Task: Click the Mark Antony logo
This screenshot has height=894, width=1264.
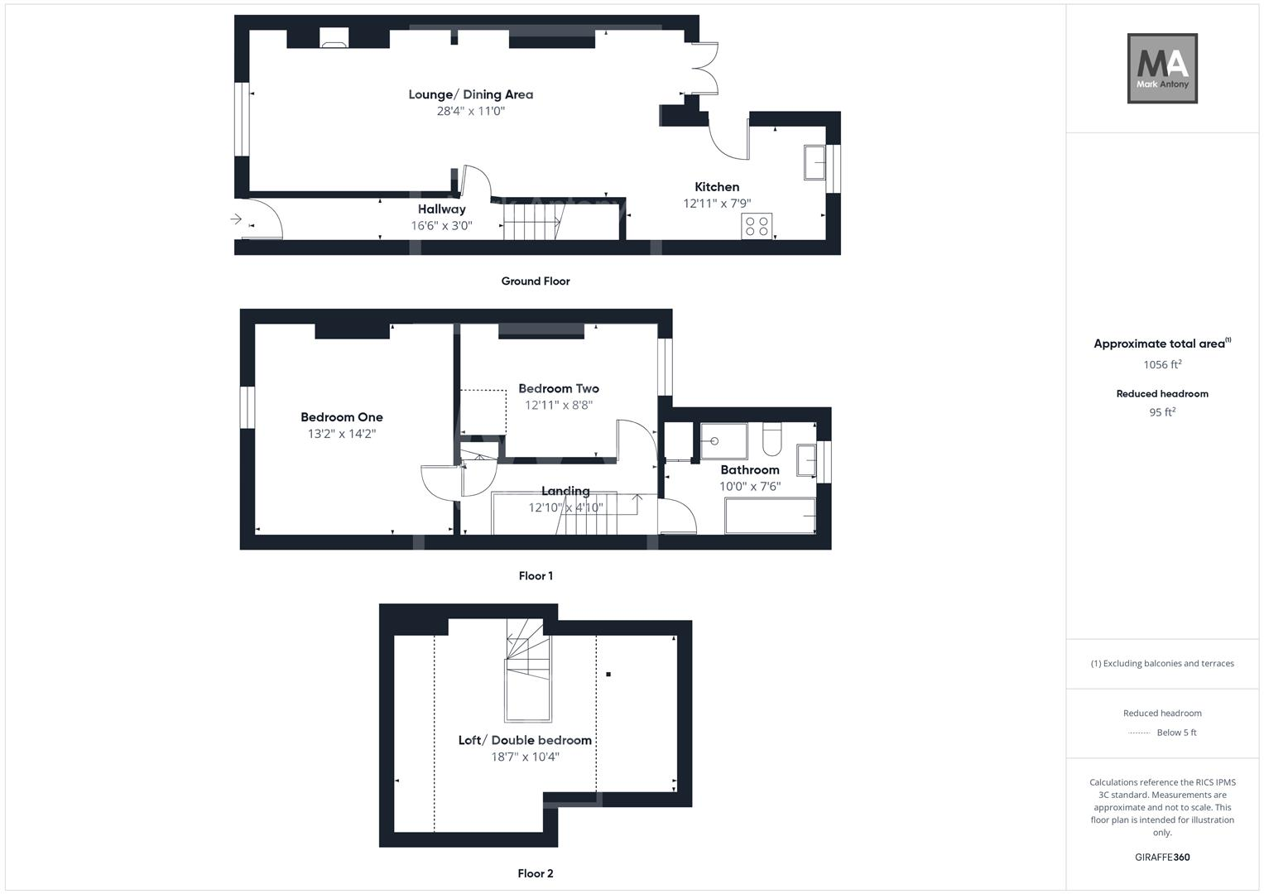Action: pyautogui.click(x=1162, y=68)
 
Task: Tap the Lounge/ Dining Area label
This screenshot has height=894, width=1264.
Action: pyautogui.click(x=471, y=94)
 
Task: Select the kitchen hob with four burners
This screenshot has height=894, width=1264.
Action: pyautogui.click(x=756, y=226)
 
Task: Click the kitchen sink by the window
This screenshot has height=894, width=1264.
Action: pyautogui.click(x=815, y=162)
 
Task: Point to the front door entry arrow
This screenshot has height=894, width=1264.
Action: pyautogui.click(x=236, y=219)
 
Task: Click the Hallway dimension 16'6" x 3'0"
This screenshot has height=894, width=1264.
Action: pyautogui.click(x=441, y=226)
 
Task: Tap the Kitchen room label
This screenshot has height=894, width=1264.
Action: pyautogui.click(x=717, y=187)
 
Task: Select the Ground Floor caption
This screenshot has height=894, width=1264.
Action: pyautogui.click(x=536, y=281)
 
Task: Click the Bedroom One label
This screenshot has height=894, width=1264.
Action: pyautogui.click(x=341, y=417)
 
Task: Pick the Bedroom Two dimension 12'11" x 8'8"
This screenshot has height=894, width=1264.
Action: pyautogui.click(x=559, y=405)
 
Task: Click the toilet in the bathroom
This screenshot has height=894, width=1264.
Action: pyautogui.click(x=771, y=439)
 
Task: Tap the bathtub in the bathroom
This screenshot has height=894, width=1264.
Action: pyautogui.click(x=771, y=515)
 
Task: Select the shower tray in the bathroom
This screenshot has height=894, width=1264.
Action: pyautogui.click(x=724, y=440)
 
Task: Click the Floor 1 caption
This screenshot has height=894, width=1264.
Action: pyautogui.click(x=536, y=575)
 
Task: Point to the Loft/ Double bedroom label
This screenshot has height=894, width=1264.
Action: pyautogui.click(x=525, y=740)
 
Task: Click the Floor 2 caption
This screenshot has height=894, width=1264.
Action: pyautogui.click(x=536, y=873)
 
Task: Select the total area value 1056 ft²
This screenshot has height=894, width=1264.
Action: pyautogui.click(x=1162, y=364)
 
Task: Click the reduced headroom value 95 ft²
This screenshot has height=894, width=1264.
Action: pyautogui.click(x=1162, y=412)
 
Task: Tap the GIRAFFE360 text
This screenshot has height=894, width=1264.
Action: pyautogui.click(x=1162, y=857)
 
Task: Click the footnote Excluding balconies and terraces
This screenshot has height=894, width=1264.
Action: pyautogui.click(x=1162, y=663)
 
